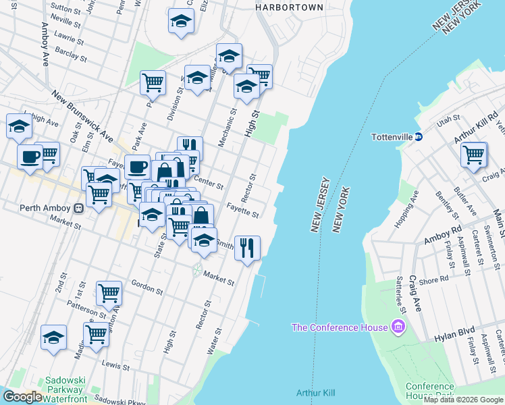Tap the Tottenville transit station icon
[419, 136]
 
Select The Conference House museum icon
[398, 328]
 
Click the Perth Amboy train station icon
[79, 208]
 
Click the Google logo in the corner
[22, 398]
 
